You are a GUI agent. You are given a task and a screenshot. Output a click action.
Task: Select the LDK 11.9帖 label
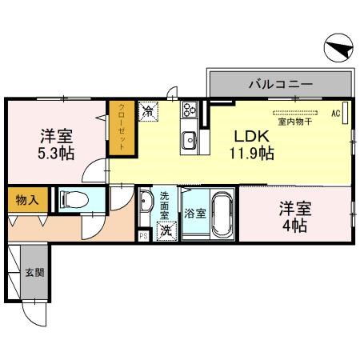(x=254, y=143)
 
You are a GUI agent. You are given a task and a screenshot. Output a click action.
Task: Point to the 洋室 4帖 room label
(x=294, y=217)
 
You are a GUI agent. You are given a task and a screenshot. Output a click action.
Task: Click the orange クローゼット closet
(x=122, y=127)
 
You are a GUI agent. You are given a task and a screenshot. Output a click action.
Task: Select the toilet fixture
(x=70, y=201)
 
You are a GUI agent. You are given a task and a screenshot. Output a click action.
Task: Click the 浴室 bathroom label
(x=194, y=214)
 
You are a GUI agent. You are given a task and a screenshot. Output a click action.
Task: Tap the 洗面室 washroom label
(x=165, y=206)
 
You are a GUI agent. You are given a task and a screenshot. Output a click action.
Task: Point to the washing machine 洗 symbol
(x=166, y=231)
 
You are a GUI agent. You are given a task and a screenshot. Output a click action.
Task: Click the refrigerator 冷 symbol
(x=149, y=111)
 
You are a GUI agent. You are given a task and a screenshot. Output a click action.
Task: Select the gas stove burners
(x=190, y=110)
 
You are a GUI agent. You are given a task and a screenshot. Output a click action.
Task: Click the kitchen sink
(x=190, y=141)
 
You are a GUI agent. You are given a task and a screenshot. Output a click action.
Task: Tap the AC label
(x=336, y=113)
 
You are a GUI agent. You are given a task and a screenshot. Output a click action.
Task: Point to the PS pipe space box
(x=144, y=235)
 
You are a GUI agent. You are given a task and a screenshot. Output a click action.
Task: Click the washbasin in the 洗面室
(x=146, y=203)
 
